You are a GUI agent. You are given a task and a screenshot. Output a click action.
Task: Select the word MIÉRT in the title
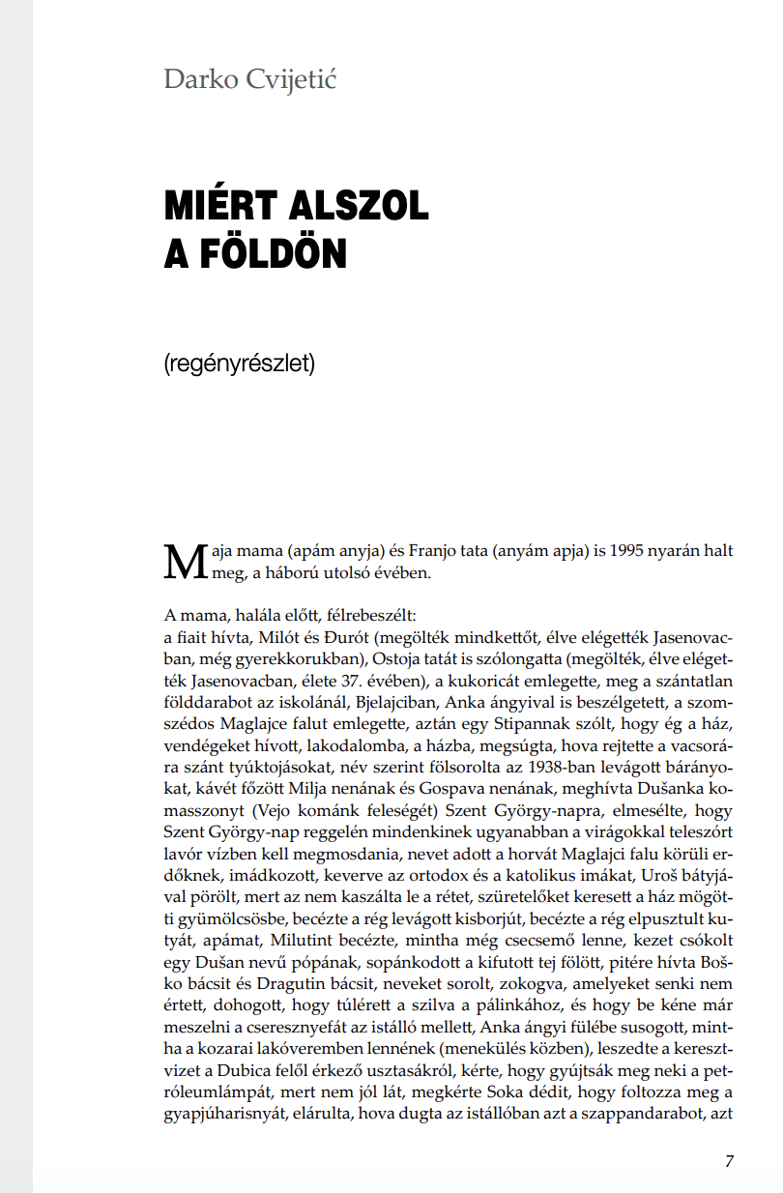tap(220, 206)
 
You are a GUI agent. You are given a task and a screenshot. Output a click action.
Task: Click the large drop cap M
tap(186, 562)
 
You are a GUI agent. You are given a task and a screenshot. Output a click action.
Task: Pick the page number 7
tap(729, 1162)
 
